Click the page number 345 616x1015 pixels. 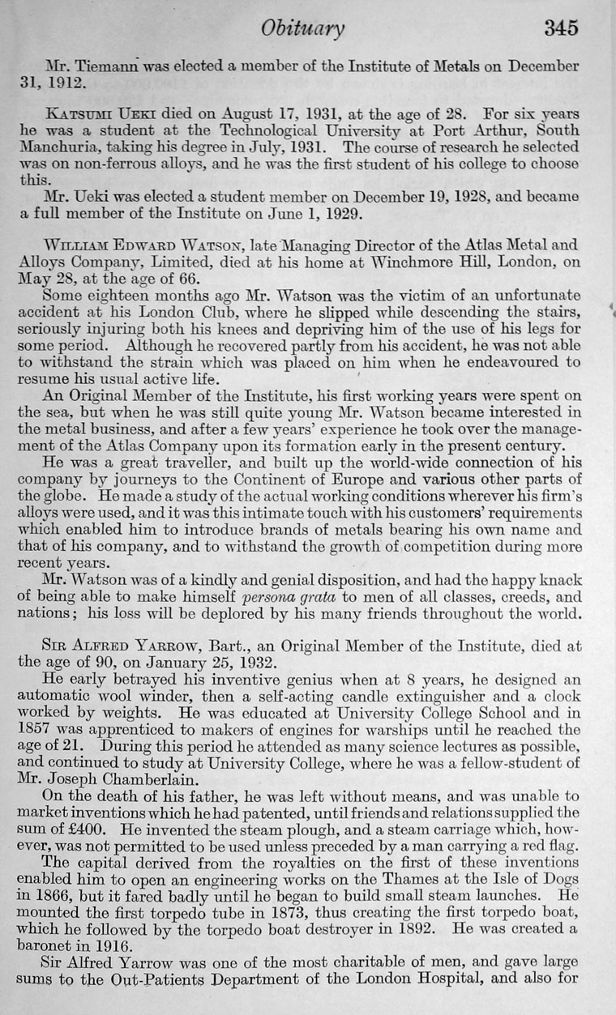[561, 28]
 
